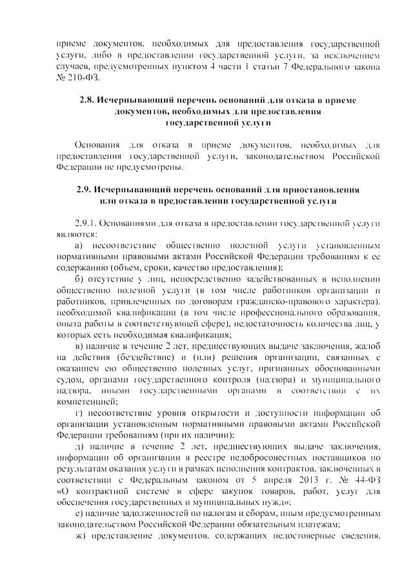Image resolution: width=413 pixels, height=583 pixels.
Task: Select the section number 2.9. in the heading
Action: (85, 191)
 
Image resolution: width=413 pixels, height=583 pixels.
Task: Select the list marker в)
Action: (79, 346)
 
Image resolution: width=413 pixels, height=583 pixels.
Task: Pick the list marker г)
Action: (79, 413)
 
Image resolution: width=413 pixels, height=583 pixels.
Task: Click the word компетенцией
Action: (83, 400)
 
